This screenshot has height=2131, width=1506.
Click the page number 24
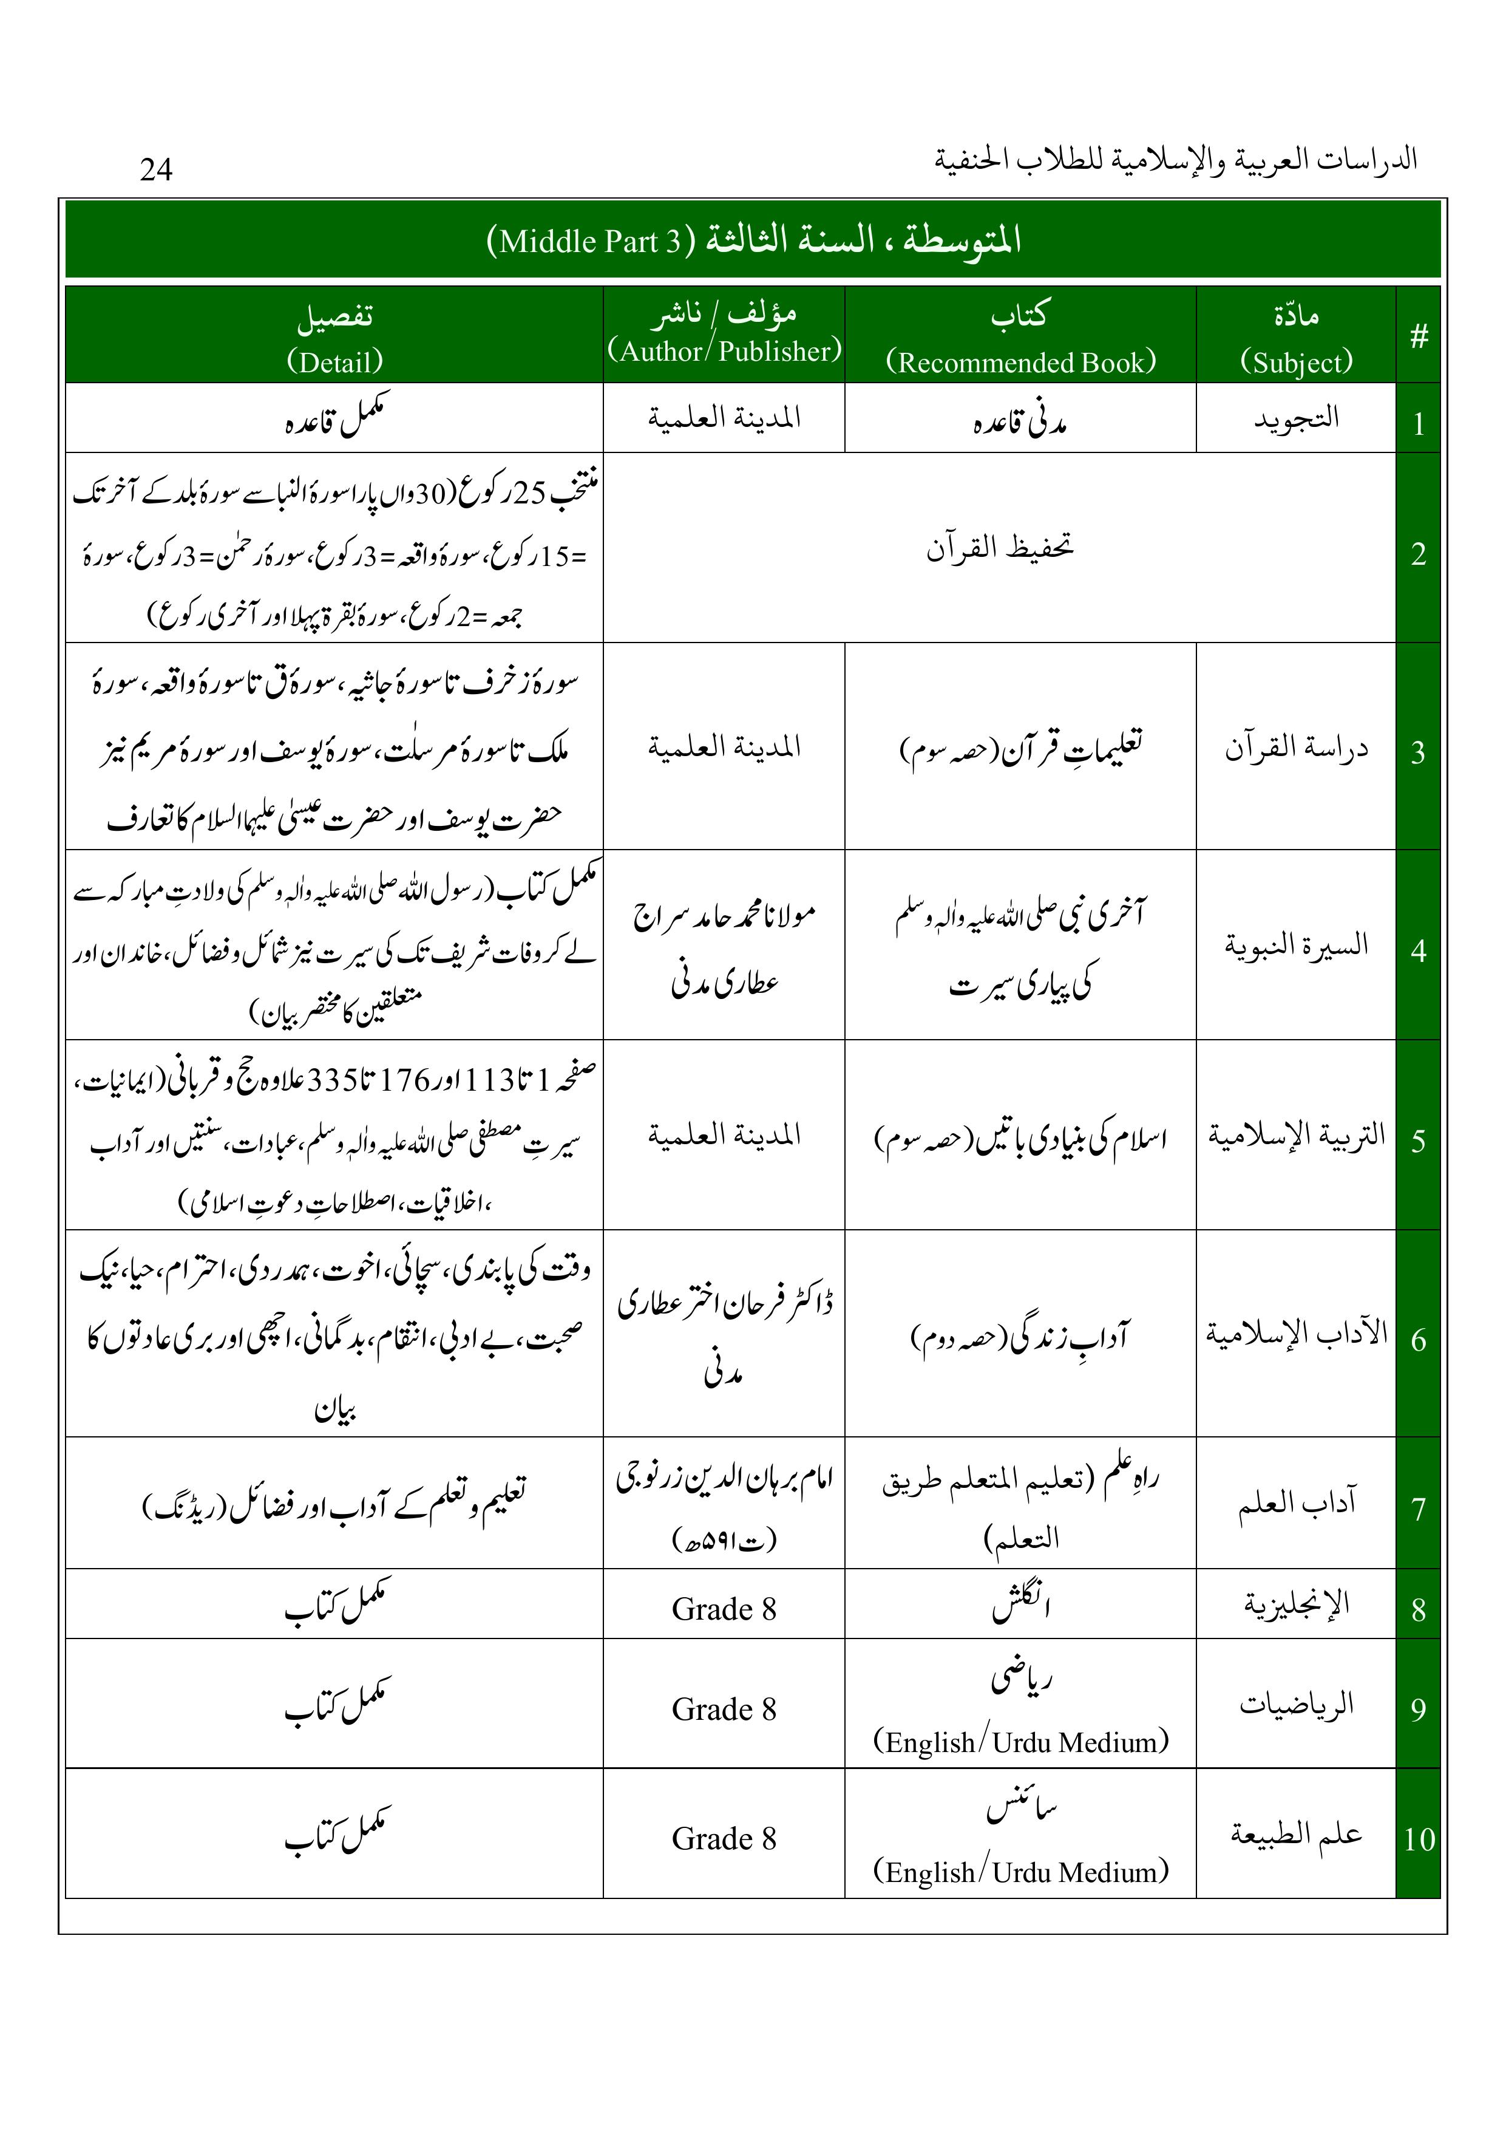pos(156,169)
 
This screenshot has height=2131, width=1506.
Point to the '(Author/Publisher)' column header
pos(724,351)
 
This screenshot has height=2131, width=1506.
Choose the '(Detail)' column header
pos(334,361)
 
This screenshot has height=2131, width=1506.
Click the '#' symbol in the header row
pos(1418,336)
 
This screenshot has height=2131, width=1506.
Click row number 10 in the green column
pos(1418,1839)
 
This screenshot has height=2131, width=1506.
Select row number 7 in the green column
pos(1418,1509)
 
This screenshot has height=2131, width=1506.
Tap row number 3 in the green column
pos(1418,752)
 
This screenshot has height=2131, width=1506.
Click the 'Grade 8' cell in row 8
pos(724,1609)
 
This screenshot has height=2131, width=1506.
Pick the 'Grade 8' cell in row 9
pos(724,1709)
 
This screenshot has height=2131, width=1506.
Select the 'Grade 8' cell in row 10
pos(724,1839)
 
